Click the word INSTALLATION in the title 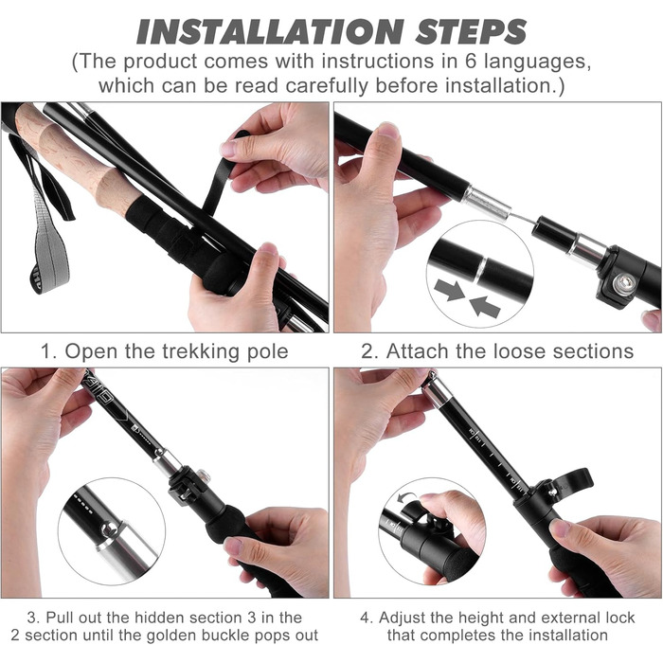tap(270, 32)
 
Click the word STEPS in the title tap(471, 32)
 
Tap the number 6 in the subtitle tap(471, 62)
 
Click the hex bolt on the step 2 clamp tap(621, 282)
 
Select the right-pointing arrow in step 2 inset tap(450, 289)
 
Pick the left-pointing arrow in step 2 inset tap(485, 305)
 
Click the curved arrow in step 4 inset tap(407, 497)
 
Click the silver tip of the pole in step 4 tap(437, 390)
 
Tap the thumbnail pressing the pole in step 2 tap(387, 130)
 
